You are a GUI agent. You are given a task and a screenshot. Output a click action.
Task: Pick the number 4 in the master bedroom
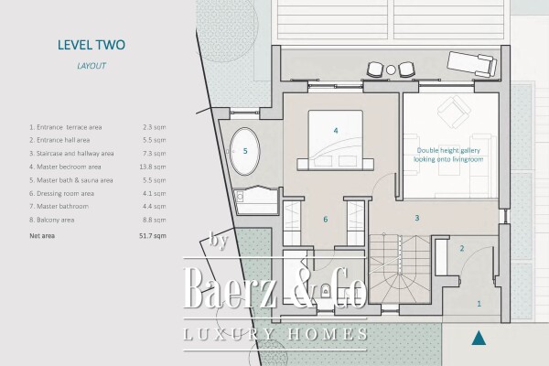tap(336, 131)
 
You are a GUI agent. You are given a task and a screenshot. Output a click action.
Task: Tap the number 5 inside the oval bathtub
tap(244, 151)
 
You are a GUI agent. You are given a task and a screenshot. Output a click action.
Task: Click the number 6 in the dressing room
tap(325, 220)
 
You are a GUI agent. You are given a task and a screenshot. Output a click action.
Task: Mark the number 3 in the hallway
tap(416, 218)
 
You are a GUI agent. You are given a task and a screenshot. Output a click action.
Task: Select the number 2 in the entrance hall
tap(462, 248)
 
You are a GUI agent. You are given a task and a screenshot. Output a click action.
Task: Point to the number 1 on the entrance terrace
tap(477, 302)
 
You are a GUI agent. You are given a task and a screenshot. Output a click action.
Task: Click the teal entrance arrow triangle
tap(476, 339)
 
